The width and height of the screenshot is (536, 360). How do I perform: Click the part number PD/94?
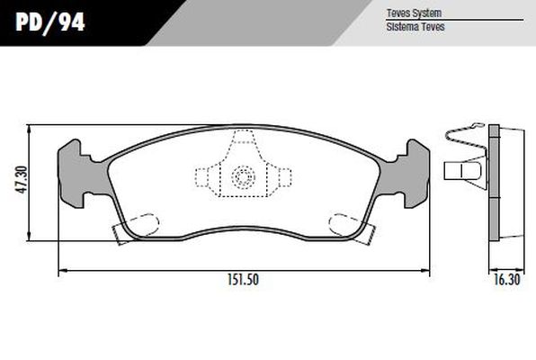click(x=49, y=22)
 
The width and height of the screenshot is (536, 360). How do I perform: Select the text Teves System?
click(x=414, y=13)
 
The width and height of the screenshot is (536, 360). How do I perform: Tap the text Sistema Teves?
click(x=415, y=27)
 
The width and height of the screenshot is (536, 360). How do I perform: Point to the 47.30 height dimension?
click(x=22, y=180)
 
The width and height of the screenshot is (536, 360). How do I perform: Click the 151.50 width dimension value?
click(x=243, y=280)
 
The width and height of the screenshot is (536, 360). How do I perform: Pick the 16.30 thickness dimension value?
click(x=506, y=280)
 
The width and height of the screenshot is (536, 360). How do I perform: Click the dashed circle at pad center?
click(x=244, y=177)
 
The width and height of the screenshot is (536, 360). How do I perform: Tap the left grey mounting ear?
click(x=77, y=174)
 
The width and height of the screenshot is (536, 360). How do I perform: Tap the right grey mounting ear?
click(x=408, y=174)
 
